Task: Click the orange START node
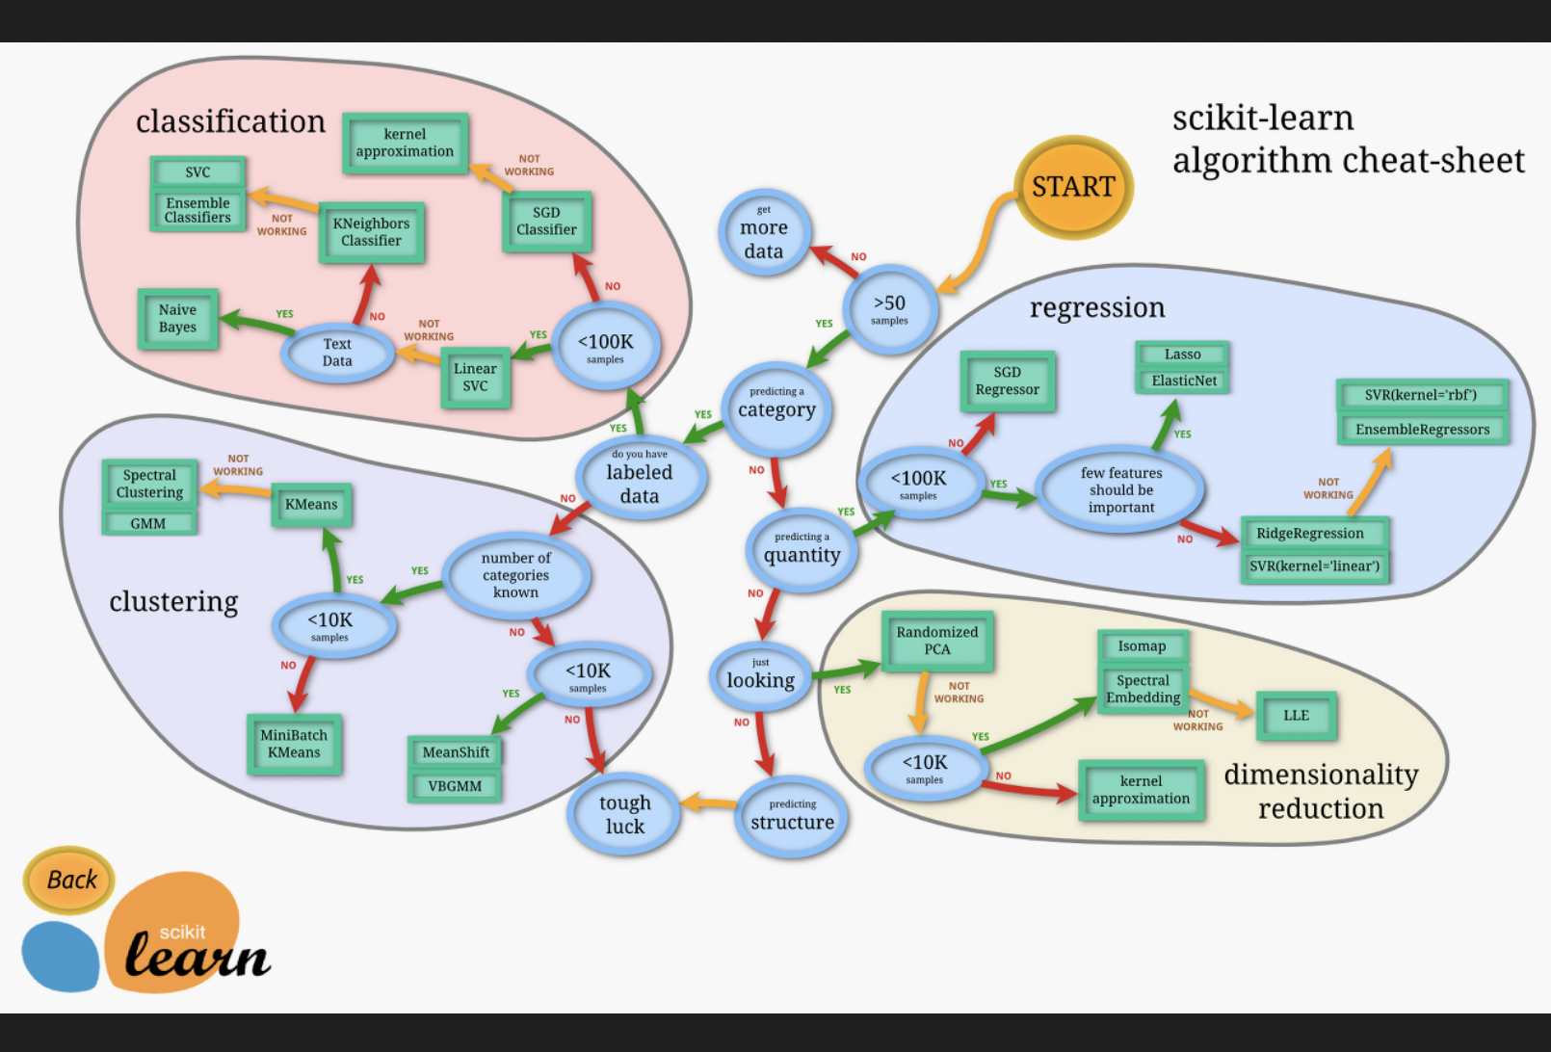(x=1073, y=187)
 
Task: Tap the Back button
(x=70, y=880)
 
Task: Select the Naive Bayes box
(x=178, y=319)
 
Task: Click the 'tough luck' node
(x=625, y=814)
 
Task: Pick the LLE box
(x=1296, y=716)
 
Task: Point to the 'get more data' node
(x=764, y=232)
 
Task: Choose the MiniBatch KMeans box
(x=294, y=744)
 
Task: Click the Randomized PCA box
(x=937, y=641)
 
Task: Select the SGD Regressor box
(x=1008, y=381)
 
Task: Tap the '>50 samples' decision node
(x=889, y=308)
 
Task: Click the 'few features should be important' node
(x=1121, y=489)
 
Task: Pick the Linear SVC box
(x=475, y=377)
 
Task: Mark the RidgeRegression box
(x=1311, y=534)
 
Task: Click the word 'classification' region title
(x=230, y=121)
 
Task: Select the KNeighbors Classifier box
(x=372, y=232)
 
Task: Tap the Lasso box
(x=1182, y=355)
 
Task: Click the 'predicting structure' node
(x=792, y=816)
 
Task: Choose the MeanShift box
(x=456, y=752)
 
